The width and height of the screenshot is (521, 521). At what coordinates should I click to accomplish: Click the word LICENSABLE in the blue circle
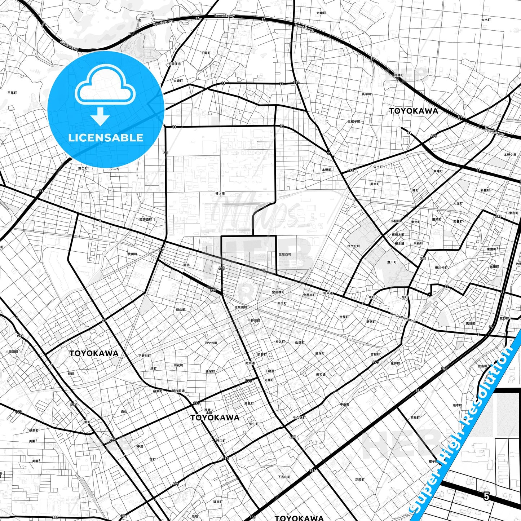[106, 138]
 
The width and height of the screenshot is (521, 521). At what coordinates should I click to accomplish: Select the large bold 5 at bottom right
[486, 496]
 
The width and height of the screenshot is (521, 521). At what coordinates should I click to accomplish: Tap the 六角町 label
[321, 13]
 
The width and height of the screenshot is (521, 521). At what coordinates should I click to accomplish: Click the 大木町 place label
[486, 20]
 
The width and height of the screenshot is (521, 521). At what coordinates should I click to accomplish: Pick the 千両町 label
[206, 53]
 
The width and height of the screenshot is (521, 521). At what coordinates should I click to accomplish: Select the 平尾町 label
[12, 93]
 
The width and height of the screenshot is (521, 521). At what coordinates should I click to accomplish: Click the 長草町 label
[366, 94]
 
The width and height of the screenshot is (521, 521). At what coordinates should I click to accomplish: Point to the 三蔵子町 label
[354, 122]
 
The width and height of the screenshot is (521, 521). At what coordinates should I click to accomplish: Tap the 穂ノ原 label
[220, 194]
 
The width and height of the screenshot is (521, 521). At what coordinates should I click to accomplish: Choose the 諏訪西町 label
[146, 220]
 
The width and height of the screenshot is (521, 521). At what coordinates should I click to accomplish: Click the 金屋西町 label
[284, 254]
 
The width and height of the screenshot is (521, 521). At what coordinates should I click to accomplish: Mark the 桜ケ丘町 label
[353, 246]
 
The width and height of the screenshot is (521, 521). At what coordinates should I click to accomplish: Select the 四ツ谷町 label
[211, 343]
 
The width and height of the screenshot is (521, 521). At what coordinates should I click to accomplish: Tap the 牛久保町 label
[299, 418]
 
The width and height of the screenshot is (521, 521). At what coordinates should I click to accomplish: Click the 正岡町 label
[359, 480]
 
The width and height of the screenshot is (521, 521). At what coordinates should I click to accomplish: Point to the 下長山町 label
[284, 477]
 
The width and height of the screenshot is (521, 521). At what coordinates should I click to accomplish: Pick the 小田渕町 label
[12, 352]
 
